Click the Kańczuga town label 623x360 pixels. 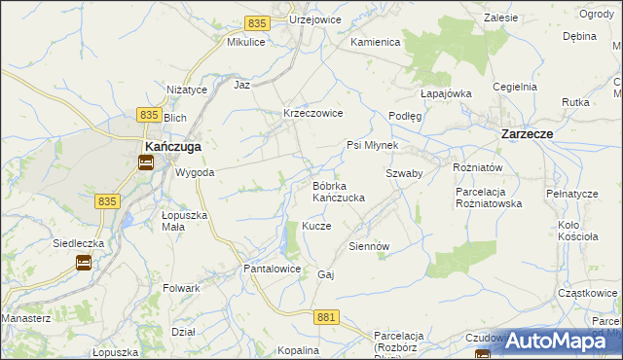(x=173, y=147)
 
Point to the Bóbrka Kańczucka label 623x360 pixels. (x=338, y=191)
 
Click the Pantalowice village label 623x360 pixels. (x=272, y=268)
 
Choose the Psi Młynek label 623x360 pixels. (x=373, y=146)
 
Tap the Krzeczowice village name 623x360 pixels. (x=312, y=113)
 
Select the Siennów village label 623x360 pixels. (x=369, y=246)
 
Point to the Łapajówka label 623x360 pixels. (x=446, y=93)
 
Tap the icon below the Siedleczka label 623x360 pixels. (x=84, y=262)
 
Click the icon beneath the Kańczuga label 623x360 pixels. (x=145, y=163)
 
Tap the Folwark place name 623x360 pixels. (x=182, y=288)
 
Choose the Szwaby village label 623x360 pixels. (x=403, y=173)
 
